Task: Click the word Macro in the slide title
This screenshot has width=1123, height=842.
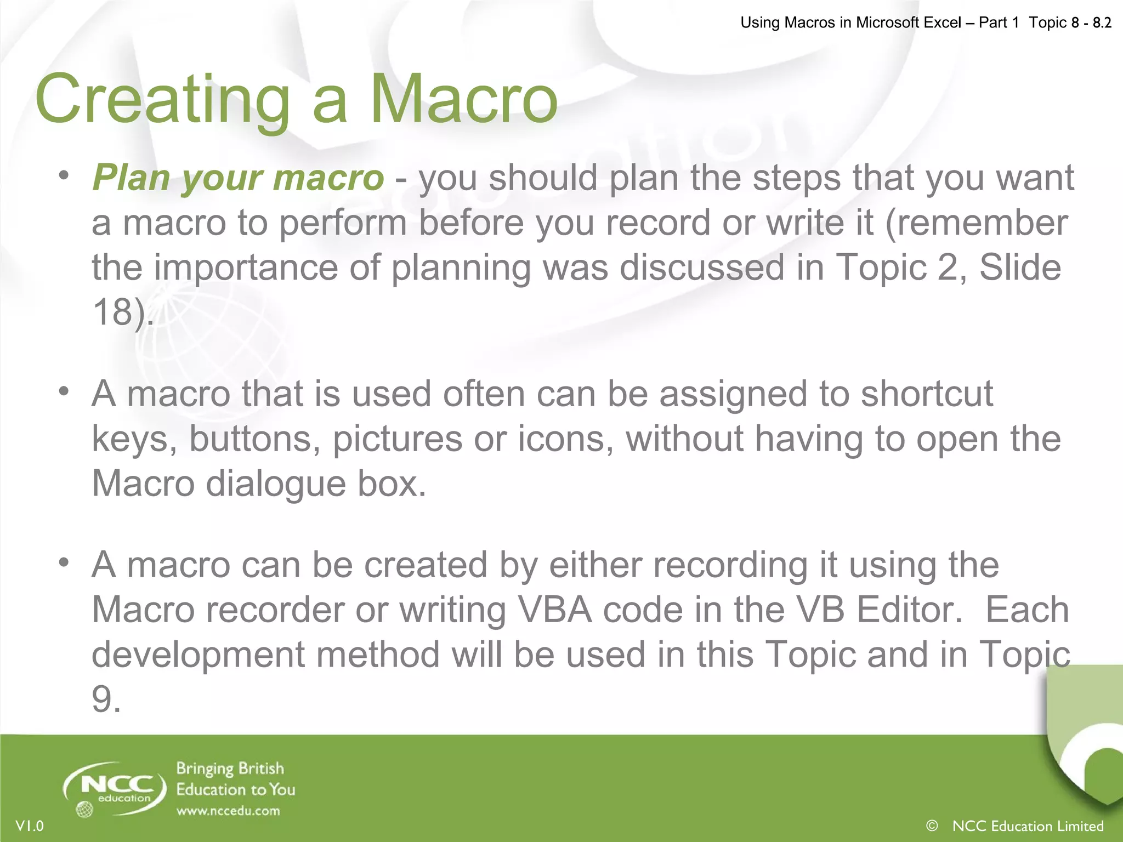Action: coord(464,100)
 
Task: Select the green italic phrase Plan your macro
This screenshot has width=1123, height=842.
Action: coord(238,179)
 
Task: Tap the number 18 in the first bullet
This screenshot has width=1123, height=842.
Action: coord(113,312)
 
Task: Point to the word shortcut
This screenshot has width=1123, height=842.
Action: coord(926,394)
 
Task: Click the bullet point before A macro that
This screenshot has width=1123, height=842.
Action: coord(64,391)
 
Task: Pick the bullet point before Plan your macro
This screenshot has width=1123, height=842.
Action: coord(64,175)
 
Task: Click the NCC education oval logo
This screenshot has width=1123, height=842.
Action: coord(115,788)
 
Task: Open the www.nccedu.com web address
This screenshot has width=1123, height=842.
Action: coord(228,811)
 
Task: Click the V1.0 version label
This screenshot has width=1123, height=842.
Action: coord(30,826)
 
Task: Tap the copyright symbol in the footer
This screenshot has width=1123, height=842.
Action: coord(932,825)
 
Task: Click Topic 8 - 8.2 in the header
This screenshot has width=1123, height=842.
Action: coord(1070,22)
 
